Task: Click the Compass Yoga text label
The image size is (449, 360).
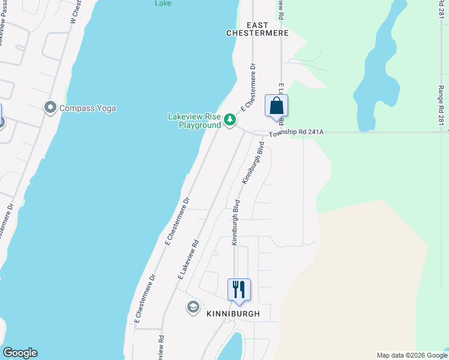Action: click(x=88, y=108)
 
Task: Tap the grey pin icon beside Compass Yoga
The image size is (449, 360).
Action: click(x=50, y=108)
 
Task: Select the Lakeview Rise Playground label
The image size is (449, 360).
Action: click(x=194, y=121)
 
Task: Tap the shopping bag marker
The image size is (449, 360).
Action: click(x=276, y=106)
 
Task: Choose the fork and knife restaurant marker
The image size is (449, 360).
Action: click(x=239, y=290)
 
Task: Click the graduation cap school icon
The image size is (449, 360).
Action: click(x=193, y=308)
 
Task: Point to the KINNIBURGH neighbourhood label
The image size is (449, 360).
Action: click(x=233, y=314)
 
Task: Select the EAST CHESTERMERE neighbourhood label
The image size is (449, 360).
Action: click(x=258, y=29)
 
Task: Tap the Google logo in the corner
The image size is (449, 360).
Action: click(x=20, y=353)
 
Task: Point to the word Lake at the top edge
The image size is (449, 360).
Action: click(x=163, y=3)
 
